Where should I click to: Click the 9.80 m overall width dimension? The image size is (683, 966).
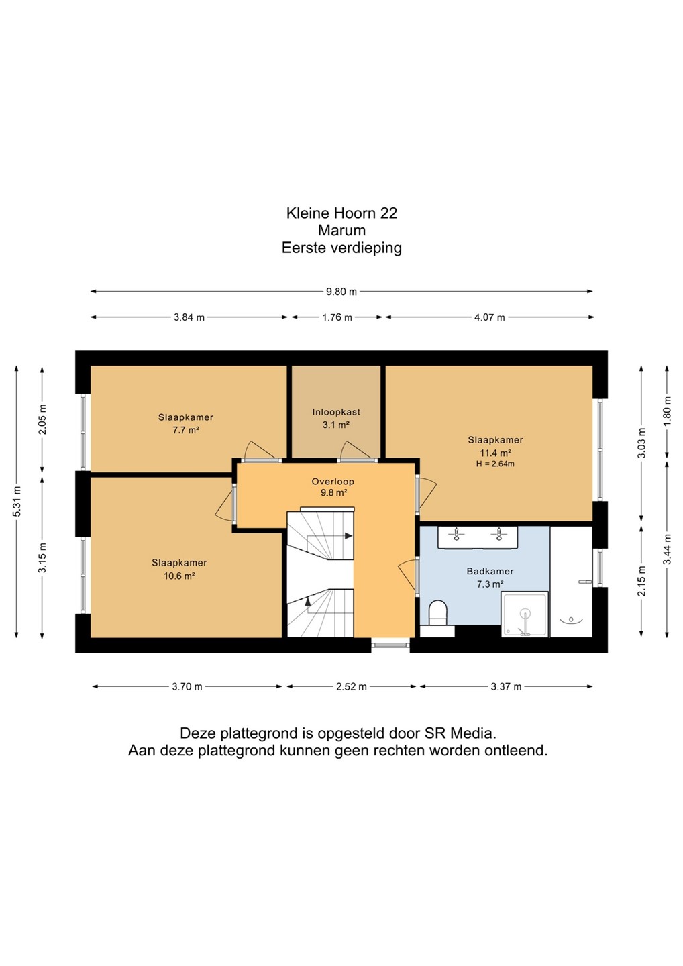coord(341,292)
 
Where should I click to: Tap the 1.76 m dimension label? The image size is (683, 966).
coord(337,317)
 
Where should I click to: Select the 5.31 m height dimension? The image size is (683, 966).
coord(16,502)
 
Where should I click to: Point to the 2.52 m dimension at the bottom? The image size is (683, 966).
coord(351,686)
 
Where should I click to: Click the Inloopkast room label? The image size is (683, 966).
coord(336,412)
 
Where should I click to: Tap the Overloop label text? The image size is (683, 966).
coord(333,482)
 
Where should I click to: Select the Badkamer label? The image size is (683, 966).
coord(490,572)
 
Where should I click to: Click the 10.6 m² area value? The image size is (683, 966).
coord(179,576)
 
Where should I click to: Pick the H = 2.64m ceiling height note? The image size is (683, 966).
coord(495,464)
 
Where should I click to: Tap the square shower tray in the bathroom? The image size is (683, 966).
coord(525,614)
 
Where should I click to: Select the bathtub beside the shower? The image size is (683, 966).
coord(572,582)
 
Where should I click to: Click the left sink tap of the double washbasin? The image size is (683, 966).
coord(456,534)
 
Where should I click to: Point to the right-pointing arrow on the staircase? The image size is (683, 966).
coord(349,536)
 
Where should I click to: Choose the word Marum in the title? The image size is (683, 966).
coord(341,230)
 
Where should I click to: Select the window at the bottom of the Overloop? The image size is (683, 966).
coord(390,645)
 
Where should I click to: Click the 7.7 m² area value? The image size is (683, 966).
coord(185,430)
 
